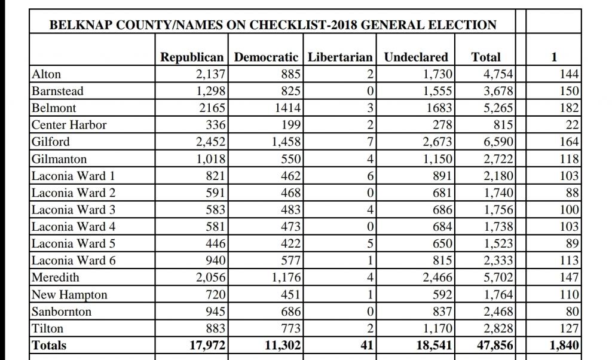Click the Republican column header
click(192, 57)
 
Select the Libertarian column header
click(340, 57)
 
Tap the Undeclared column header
click(416, 57)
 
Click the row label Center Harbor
click(69, 124)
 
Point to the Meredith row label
click(56, 277)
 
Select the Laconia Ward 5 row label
click(74, 243)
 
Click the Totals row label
click(49, 345)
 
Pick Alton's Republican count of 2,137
click(210, 74)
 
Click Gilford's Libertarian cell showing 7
click(370, 141)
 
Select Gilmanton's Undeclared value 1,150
click(437, 159)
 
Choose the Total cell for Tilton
click(498, 328)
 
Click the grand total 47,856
click(495, 345)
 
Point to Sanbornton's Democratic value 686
click(291, 311)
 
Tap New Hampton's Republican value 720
click(215, 294)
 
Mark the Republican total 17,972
click(207, 345)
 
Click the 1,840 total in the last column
click(564, 345)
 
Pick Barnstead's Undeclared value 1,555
click(437, 91)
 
